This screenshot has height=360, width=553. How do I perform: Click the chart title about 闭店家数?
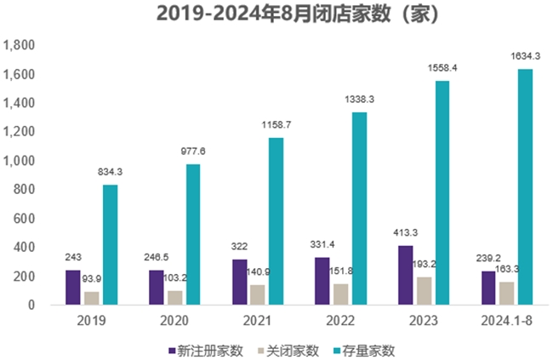276,15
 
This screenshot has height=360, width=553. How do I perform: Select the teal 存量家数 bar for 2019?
110,244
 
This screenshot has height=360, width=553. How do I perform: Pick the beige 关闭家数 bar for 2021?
258,294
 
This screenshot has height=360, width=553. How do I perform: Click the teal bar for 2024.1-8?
525,186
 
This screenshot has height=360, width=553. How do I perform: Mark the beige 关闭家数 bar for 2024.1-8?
507,293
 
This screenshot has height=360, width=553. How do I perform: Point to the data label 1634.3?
525,56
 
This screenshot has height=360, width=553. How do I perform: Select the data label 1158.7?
276,124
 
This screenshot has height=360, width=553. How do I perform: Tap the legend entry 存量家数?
367,350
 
